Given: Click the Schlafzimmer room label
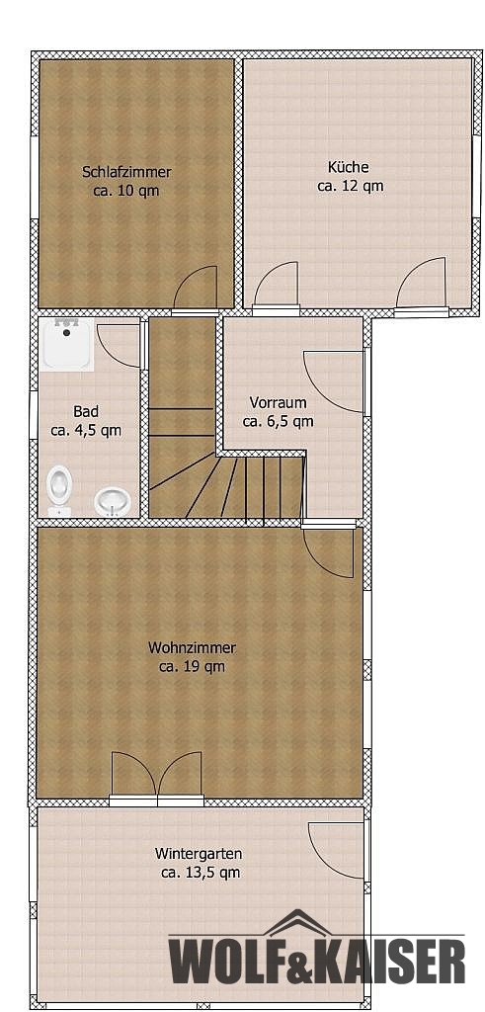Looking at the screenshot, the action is [126, 172].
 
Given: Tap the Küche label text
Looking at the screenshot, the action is [349, 167].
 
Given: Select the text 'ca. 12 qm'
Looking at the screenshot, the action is [351, 187].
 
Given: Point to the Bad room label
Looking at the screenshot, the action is [86, 411].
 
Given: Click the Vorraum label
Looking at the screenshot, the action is [278, 403].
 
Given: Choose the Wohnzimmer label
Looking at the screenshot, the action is [193, 647].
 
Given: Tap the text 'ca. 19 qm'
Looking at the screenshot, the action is [193, 667].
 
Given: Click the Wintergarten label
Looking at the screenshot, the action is [199, 854].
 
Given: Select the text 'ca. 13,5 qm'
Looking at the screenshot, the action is [200, 874].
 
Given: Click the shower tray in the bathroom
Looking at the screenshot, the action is [66, 344].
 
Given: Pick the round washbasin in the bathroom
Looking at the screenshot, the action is [113, 501].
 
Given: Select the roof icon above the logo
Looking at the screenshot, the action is [298, 922].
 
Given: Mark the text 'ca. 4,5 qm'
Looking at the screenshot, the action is [86, 431].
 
